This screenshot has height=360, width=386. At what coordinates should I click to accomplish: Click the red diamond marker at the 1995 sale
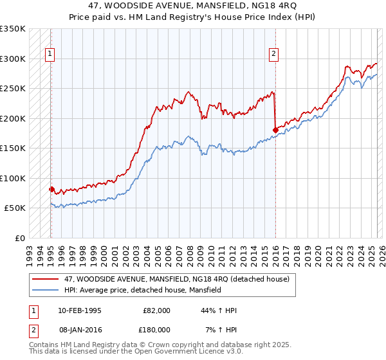tap(51, 189)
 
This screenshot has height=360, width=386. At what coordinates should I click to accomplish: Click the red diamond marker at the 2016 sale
tap(275, 130)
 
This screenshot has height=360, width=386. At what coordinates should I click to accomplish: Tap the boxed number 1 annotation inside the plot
tap(50, 54)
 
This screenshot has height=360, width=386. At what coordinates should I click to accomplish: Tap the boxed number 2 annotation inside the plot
tap(273, 54)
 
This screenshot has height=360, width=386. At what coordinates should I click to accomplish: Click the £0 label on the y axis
tap(19, 238)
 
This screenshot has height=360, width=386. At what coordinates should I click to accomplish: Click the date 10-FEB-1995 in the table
tap(79, 310)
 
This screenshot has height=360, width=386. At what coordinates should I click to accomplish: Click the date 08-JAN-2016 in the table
tap(79, 329)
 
